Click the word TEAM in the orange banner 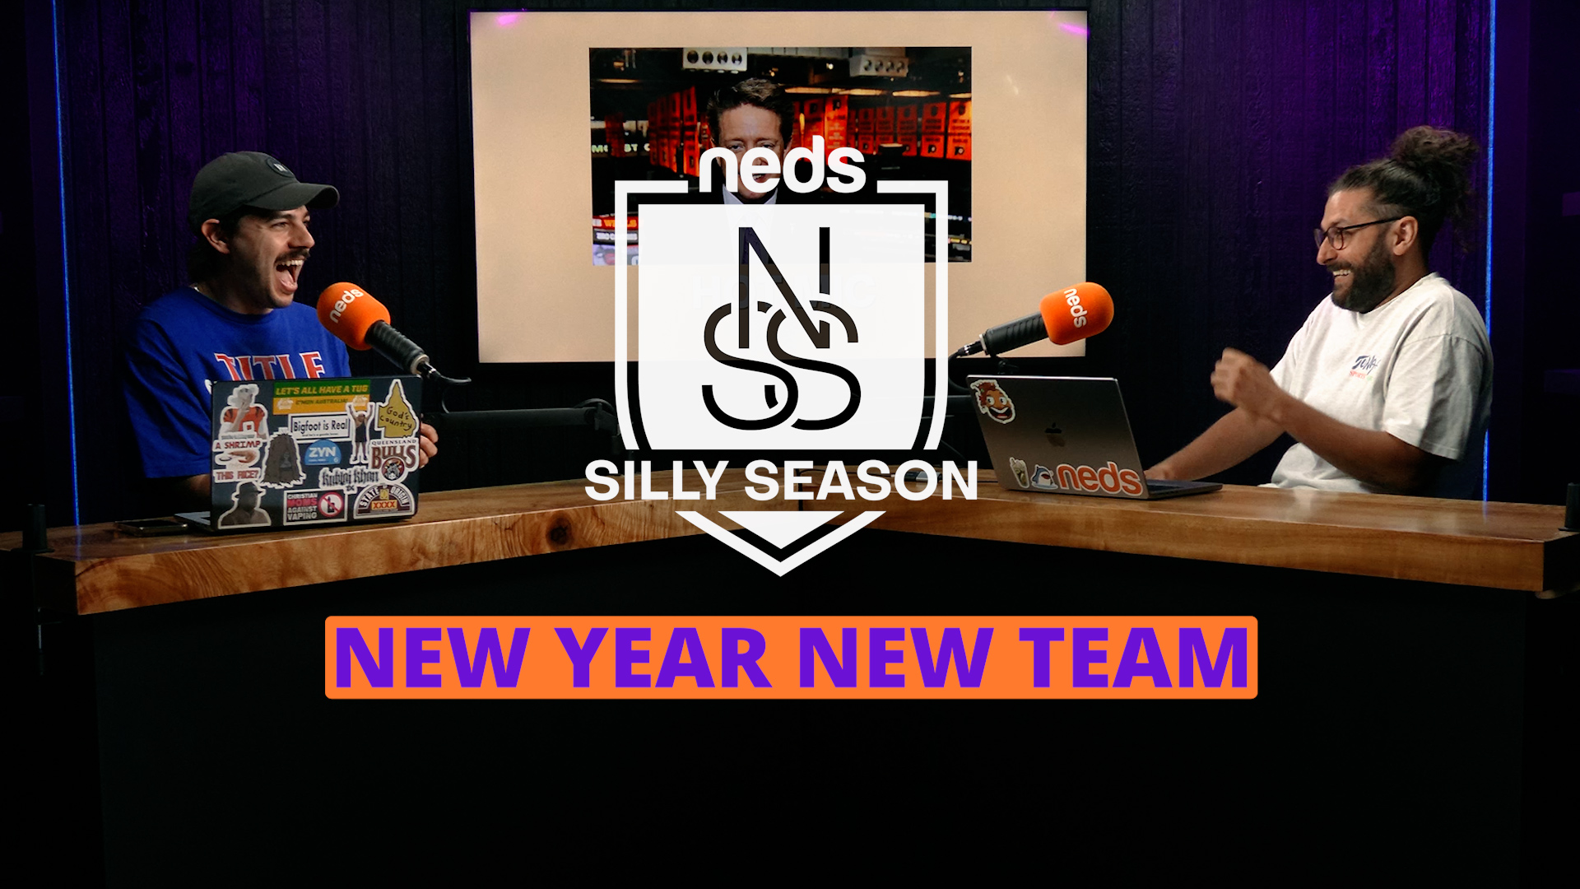tap(1135, 658)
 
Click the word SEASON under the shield tap(861, 481)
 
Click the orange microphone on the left tap(352, 315)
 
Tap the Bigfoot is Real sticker tap(320, 426)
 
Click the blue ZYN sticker tap(322, 454)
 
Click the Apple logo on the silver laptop tap(1056, 434)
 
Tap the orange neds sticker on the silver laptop tap(1099, 478)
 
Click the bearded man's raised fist tap(1234, 378)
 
